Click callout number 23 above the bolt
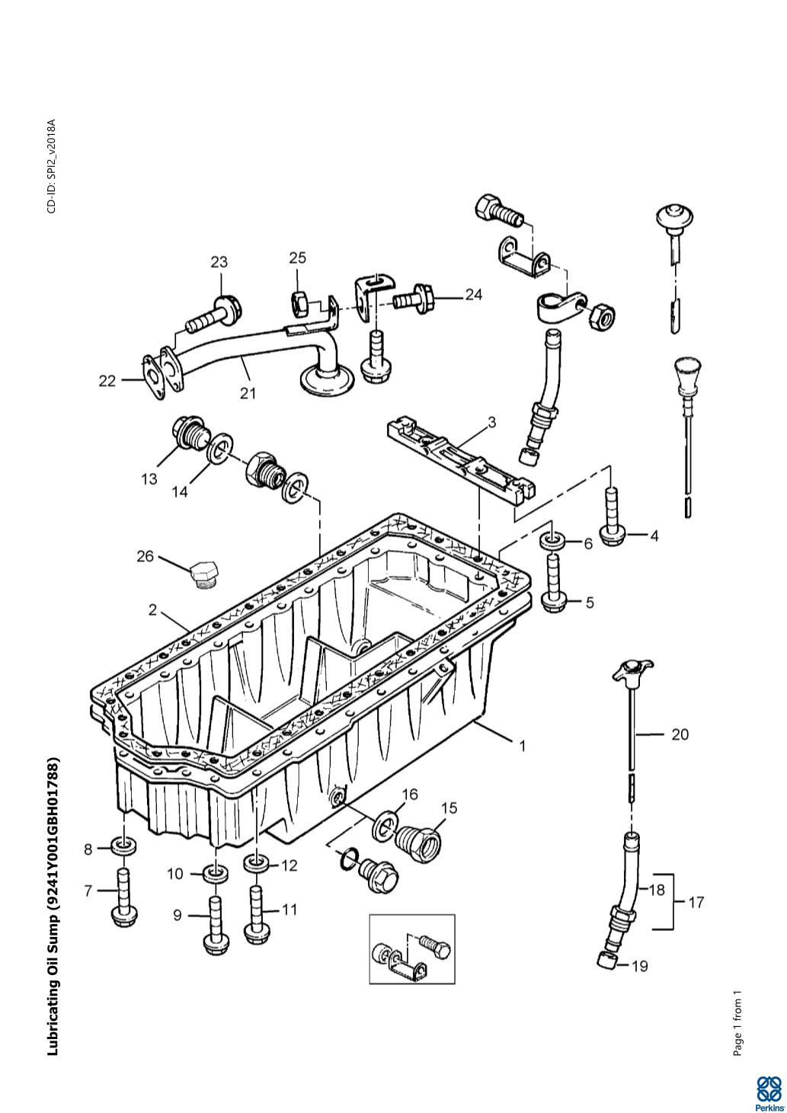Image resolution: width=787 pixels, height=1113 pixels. coord(219,262)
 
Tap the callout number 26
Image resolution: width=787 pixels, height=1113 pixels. coord(145,556)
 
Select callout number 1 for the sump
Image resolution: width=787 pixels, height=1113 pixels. coord(522,746)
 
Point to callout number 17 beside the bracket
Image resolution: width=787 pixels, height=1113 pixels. coord(696,902)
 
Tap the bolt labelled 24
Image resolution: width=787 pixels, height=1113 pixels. coord(414,298)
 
